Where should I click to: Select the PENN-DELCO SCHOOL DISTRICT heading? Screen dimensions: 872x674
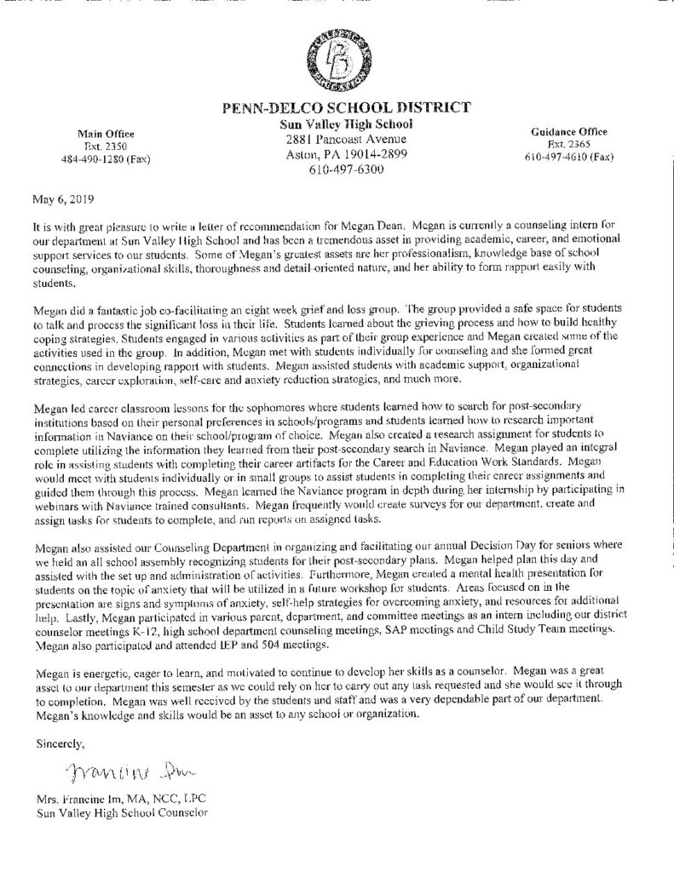(346, 108)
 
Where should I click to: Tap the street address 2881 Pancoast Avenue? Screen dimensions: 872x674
(346, 139)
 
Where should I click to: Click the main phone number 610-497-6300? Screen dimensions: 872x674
(346, 169)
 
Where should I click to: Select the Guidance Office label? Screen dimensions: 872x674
(568, 132)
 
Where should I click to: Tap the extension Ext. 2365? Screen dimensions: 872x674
(568, 145)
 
